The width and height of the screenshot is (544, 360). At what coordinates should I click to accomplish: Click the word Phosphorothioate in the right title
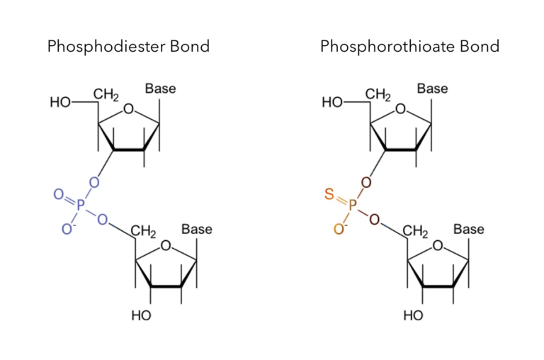click(x=387, y=47)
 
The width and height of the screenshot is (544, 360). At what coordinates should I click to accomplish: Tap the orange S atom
click(x=329, y=194)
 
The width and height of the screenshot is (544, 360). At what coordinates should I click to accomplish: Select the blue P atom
click(x=81, y=206)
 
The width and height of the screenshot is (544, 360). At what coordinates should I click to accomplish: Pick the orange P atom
click(x=353, y=206)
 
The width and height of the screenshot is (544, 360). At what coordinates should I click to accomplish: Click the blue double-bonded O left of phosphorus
click(x=59, y=194)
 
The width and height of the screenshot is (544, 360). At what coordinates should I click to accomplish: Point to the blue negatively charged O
click(x=68, y=229)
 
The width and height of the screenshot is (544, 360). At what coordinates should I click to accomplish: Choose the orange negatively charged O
click(x=340, y=229)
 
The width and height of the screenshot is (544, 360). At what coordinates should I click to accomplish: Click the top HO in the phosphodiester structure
click(x=60, y=103)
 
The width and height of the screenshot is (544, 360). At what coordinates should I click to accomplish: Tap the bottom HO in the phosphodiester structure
click(x=141, y=315)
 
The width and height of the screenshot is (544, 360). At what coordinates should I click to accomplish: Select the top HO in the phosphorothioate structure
click(x=332, y=103)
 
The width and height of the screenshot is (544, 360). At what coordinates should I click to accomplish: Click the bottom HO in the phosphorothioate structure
click(x=413, y=315)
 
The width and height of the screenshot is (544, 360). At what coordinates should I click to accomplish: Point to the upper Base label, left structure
click(x=160, y=89)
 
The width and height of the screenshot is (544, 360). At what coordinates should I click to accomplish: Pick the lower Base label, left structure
click(x=197, y=229)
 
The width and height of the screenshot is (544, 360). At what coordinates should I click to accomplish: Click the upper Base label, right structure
click(x=432, y=89)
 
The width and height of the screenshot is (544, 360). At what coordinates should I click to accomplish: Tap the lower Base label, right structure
click(x=469, y=229)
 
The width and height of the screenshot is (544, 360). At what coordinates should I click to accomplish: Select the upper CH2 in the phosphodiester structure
click(x=106, y=95)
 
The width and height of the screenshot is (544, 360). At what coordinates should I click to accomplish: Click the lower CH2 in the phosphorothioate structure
click(x=415, y=232)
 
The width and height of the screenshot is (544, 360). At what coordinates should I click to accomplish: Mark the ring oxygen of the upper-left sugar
click(x=128, y=109)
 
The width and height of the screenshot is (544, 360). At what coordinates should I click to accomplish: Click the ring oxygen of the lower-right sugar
click(x=438, y=245)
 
